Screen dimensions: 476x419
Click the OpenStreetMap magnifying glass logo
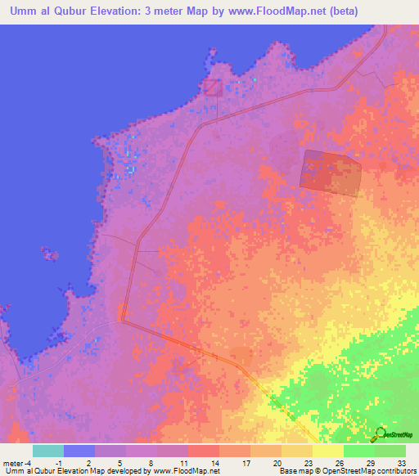click(381, 433)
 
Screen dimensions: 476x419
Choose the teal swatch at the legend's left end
click(48, 451)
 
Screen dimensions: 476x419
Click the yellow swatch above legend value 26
click(328, 451)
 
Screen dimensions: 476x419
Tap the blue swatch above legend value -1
click(79, 451)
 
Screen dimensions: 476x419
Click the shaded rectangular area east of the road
click(331, 173)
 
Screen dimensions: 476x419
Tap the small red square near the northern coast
click(213, 87)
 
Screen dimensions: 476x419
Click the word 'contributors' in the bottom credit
click(394, 472)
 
